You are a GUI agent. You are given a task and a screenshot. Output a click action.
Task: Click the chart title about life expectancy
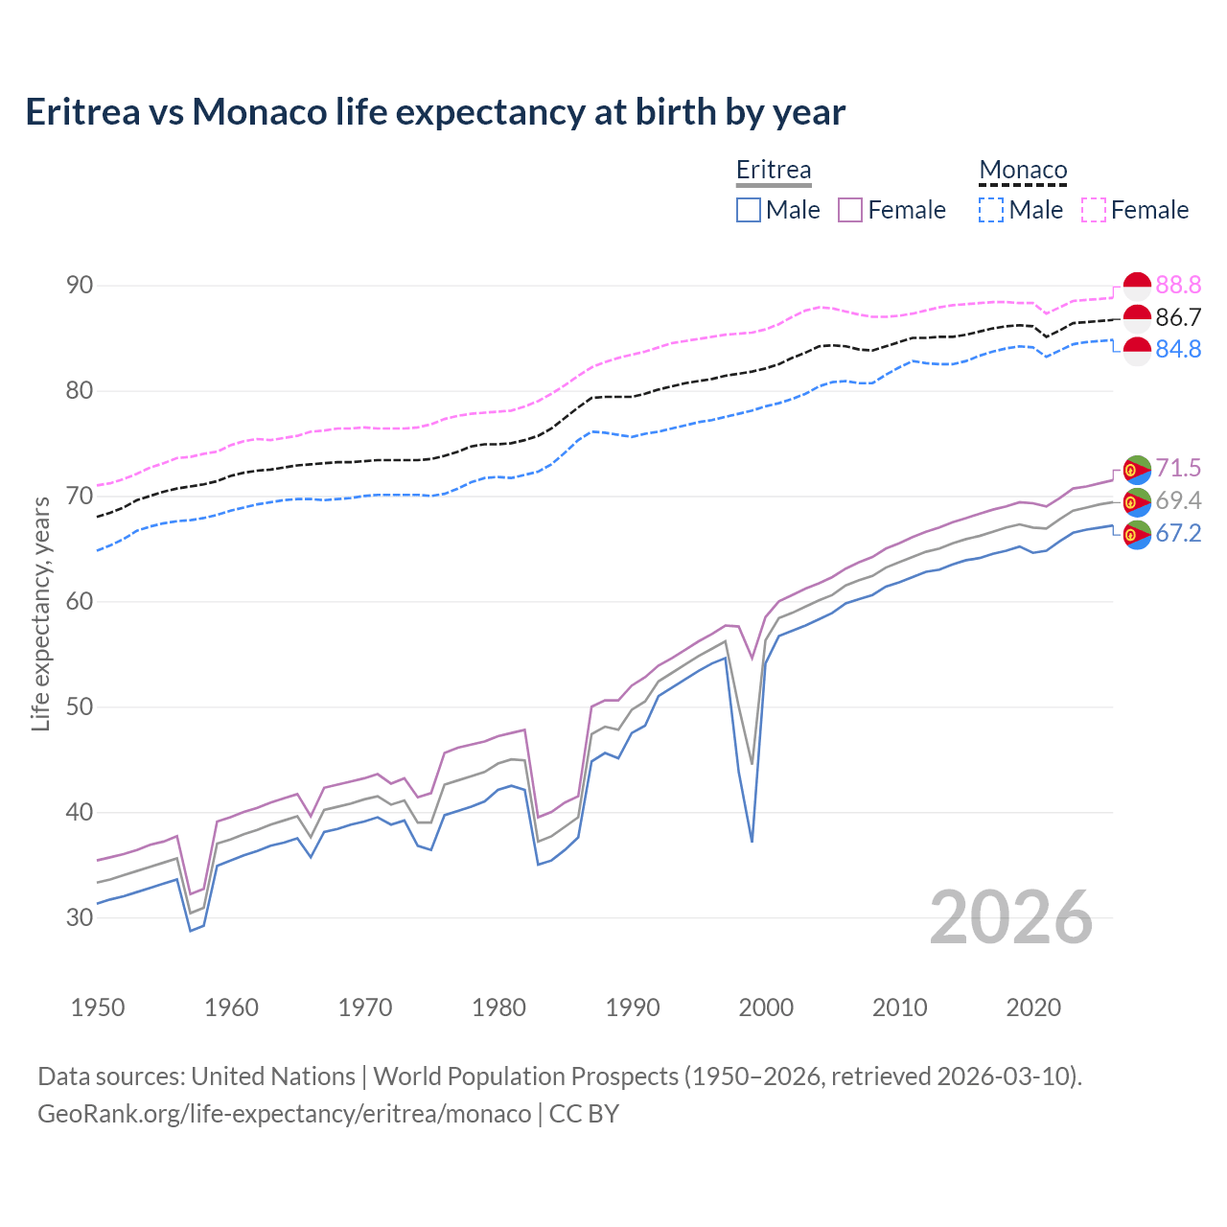(435, 112)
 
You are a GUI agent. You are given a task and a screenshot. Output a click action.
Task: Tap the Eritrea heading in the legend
(774, 170)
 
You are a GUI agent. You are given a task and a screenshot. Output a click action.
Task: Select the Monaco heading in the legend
(1023, 170)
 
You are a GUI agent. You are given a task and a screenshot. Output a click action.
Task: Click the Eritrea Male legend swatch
(749, 210)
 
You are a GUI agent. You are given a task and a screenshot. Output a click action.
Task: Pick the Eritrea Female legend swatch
(850, 210)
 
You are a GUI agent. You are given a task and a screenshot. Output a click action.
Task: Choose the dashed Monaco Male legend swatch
(991, 210)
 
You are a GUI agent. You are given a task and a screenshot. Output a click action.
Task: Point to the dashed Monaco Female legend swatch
(1094, 210)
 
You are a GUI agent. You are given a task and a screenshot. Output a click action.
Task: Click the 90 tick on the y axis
(80, 285)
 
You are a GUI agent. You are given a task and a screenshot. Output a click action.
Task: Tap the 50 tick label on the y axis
(80, 706)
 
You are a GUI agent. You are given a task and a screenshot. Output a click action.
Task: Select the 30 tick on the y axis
(80, 917)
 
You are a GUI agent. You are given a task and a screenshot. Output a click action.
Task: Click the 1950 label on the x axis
(98, 1007)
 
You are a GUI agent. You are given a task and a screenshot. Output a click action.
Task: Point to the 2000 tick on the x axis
(766, 1007)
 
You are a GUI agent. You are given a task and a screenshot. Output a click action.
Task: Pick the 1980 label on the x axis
(499, 1007)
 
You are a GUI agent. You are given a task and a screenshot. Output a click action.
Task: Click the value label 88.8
(1178, 285)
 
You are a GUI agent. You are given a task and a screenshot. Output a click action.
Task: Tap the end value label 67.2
(1178, 534)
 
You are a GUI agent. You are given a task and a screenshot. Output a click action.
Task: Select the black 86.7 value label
(1178, 317)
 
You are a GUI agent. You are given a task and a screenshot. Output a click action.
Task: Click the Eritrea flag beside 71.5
(1137, 469)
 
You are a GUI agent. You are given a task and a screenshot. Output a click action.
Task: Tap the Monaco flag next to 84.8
(1137, 351)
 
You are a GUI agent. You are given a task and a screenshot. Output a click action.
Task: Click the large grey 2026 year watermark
(1010, 917)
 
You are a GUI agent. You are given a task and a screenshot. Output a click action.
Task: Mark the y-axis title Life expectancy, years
(40, 613)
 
